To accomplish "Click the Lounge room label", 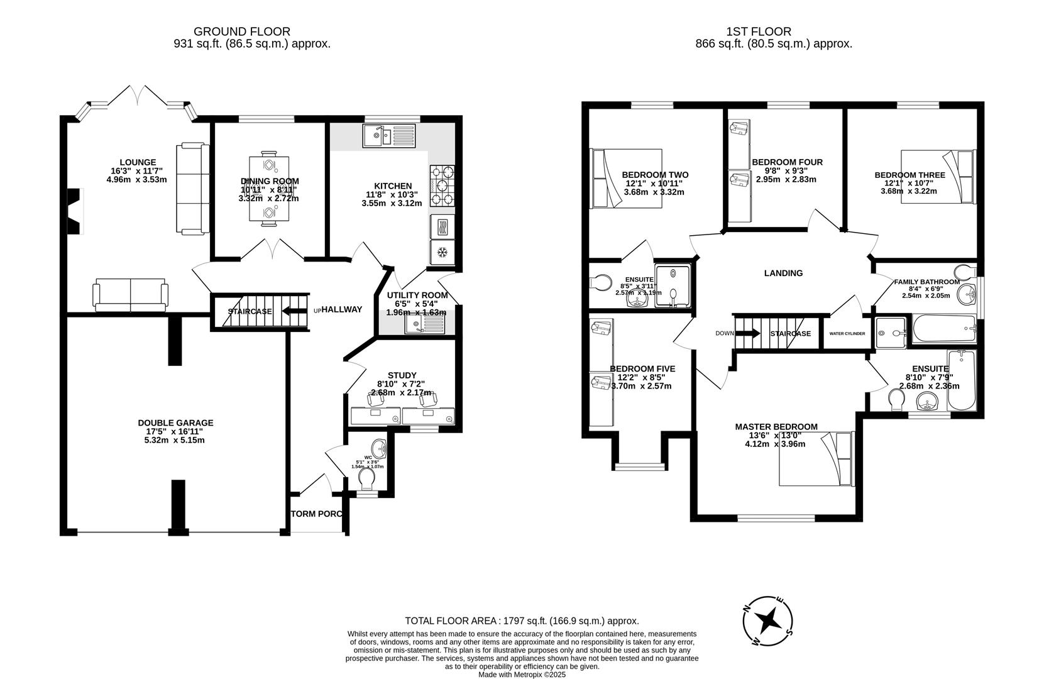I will click(x=138, y=162).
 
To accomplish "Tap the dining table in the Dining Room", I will click(x=269, y=189).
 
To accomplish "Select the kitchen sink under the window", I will click(x=388, y=136).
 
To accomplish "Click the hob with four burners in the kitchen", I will click(x=442, y=185).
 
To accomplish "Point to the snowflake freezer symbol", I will click(x=442, y=253).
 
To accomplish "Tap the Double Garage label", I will click(x=175, y=422).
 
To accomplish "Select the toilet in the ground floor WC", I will click(x=367, y=480).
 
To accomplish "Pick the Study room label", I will click(x=402, y=375).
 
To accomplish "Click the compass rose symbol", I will click(x=767, y=621).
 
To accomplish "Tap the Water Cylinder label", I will click(x=847, y=334).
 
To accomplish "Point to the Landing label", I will click(x=783, y=273).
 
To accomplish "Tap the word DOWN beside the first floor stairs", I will click(x=724, y=334).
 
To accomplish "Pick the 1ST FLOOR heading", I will click(x=759, y=31).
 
